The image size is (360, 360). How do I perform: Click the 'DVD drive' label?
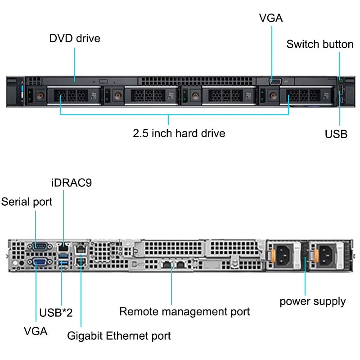pos(75,38)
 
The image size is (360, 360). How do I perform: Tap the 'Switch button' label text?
pos(319,44)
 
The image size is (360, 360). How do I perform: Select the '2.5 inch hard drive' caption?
pos(179,133)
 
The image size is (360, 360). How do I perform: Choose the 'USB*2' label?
pos(56,312)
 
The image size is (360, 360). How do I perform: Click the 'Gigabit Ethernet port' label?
pos(119,335)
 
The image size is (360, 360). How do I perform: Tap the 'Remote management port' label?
pos(184,311)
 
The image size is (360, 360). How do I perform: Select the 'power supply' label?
pos(313,301)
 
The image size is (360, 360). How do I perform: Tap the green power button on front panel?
pos(341,80)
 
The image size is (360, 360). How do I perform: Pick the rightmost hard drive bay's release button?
pos(272,95)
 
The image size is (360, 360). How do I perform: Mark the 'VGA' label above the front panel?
pos(271,18)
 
